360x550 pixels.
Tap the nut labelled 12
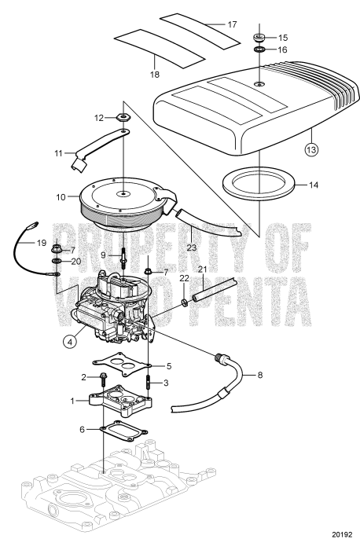122,118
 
